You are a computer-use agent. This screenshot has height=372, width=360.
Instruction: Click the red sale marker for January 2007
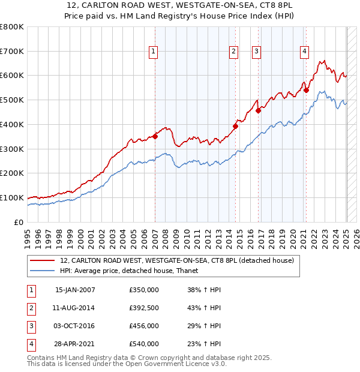click(x=155, y=136)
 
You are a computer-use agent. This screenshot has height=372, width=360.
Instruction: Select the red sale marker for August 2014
click(x=236, y=126)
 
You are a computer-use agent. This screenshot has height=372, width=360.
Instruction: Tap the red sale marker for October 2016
click(x=259, y=110)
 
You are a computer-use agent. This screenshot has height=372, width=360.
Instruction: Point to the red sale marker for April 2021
click(x=306, y=90)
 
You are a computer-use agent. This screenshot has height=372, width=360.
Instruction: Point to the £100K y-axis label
click(x=12, y=197)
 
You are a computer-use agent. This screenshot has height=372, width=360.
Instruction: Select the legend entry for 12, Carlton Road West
click(x=176, y=260)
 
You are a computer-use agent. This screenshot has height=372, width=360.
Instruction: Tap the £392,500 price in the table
click(x=144, y=308)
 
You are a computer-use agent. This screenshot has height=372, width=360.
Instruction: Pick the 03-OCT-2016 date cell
click(x=74, y=326)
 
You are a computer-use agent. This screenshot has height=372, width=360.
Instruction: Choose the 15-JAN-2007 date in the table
click(x=74, y=290)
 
